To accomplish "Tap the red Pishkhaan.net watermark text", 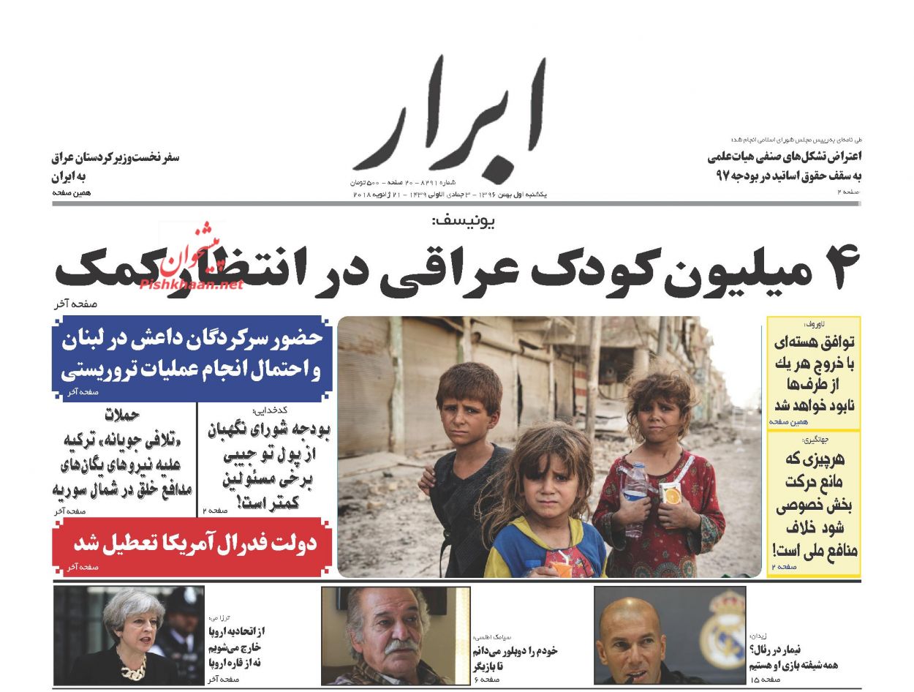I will point(191,285).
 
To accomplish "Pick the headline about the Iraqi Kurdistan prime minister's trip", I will point(115,167).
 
